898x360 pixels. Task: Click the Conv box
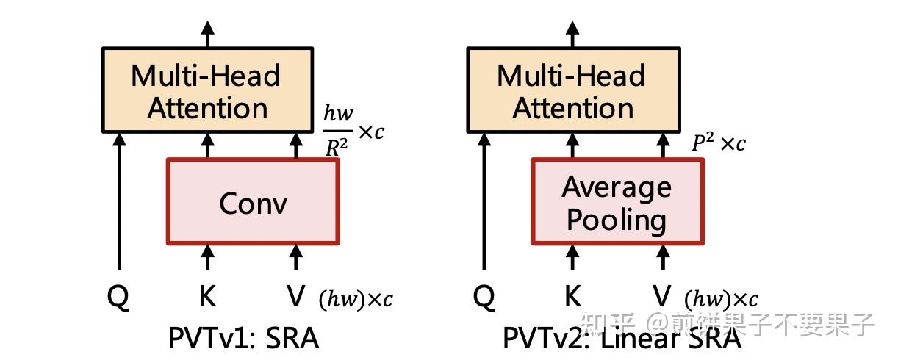[253, 201]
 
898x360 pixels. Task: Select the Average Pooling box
[617, 201]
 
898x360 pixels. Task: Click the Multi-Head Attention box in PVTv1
[206, 92]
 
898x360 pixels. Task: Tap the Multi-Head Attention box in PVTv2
[572, 92]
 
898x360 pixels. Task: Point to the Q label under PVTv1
[118, 296]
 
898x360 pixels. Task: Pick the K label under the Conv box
[208, 296]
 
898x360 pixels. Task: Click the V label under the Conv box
[295, 296]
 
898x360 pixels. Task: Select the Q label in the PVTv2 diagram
[483, 296]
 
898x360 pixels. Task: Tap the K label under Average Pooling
[573, 296]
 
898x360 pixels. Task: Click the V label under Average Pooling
[661, 296]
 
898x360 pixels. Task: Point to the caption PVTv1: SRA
[244, 339]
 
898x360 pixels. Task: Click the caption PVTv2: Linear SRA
[622, 339]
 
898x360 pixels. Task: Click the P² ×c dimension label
[718, 143]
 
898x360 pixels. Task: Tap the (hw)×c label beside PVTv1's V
[356, 300]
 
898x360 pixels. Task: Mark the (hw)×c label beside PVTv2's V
[721, 300]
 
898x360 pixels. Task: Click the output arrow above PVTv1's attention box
[207, 32]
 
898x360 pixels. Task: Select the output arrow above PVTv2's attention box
[572, 32]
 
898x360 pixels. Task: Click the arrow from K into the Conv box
[208, 258]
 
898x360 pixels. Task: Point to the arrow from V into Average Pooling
[661, 258]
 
